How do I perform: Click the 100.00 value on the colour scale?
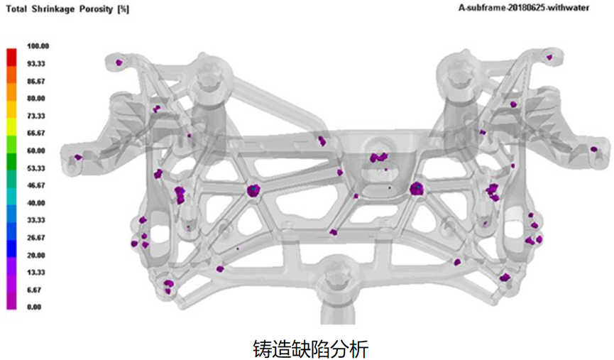(37, 46)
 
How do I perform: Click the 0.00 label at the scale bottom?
(33, 307)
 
